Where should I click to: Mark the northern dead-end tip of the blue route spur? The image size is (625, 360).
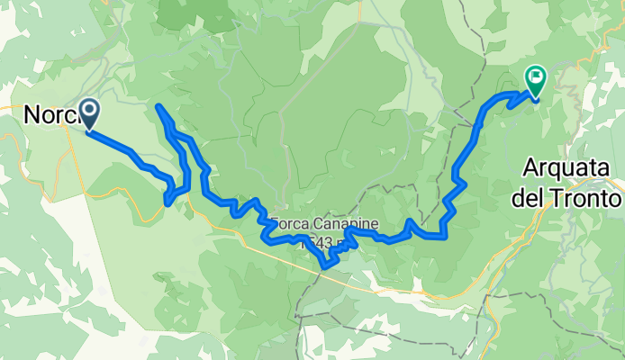tap(159, 107)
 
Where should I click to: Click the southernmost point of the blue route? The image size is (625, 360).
tap(326, 266)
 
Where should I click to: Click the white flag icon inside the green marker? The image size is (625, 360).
tap(536, 77)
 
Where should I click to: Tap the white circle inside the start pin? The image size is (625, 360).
tap(90, 110)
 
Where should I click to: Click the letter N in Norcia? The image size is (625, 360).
tap(32, 115)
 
